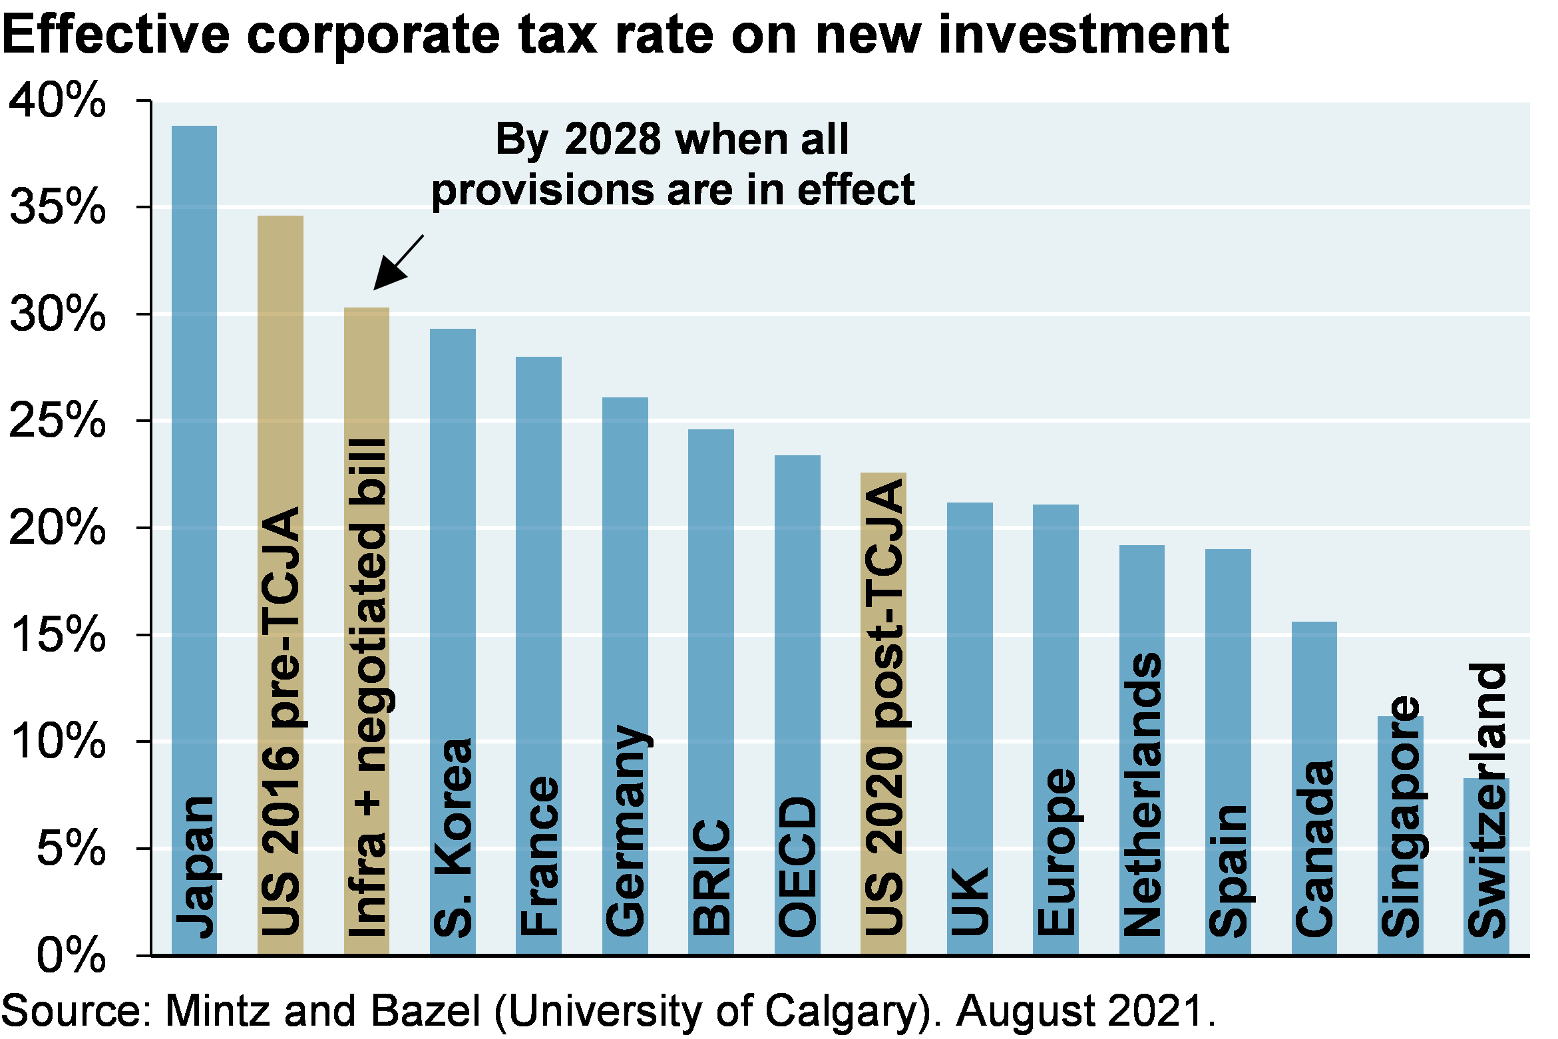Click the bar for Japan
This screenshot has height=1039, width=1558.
[x=194, y=466]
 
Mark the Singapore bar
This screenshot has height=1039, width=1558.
[x=1400, y=832]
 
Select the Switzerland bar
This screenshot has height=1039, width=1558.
[x=1486, y=865]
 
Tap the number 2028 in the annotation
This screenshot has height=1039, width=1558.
[x=612, y=139]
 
